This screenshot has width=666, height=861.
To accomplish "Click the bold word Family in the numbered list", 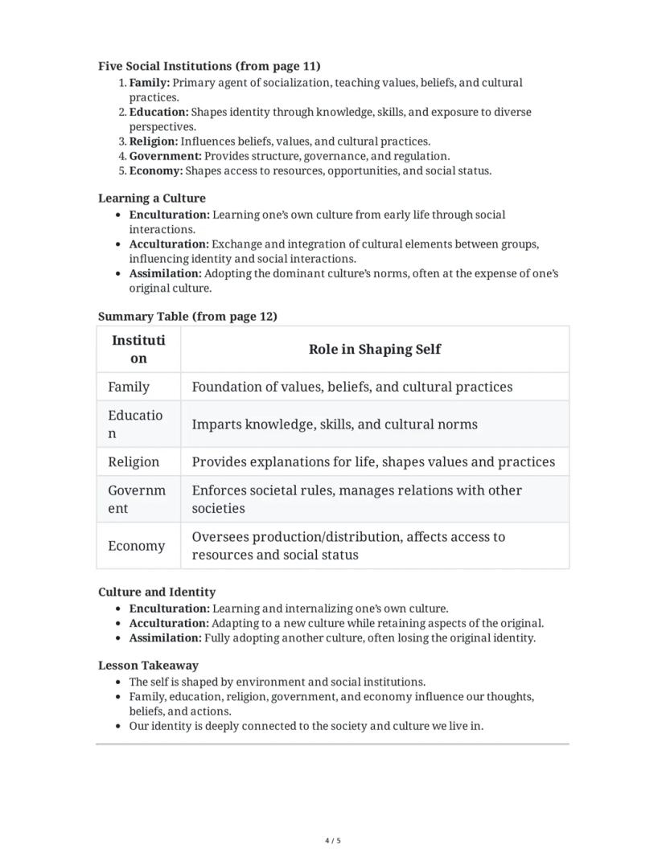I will pyautogui.click(x=149, y=83).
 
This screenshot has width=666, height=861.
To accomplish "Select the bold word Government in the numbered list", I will pyautogui.click(x=165, y=156).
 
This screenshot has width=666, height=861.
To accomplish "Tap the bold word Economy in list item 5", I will pyautogui.click(x=155, y=170).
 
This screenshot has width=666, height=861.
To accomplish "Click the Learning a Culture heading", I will pyautogui.click(x=152, y=198).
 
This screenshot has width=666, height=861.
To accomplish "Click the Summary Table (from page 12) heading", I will pyautogui.click(x=187, y=316).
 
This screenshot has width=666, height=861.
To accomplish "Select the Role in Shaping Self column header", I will pyautogui.click(x=374, y=349).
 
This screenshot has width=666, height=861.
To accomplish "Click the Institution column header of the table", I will pyautogui.click(x=138, y=349).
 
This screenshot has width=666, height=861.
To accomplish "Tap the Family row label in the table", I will pyautogui.click(x=129, y=387).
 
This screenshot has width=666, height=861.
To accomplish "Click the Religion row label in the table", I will pyautogui.click(x=134, y=461).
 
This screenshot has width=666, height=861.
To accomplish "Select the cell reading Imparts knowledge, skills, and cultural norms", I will pyautogui.click(x=334, y=424).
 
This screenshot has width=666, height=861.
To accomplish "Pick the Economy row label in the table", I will pyautogui.click(x=136, y=546).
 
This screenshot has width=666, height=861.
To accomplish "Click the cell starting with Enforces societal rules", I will pyautogui.click(x=356, y=498).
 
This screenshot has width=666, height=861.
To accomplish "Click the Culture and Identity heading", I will pyautogui.click(x=157, y=592).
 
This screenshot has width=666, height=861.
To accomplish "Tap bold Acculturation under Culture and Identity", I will pyautogui.click(x=169, y=623).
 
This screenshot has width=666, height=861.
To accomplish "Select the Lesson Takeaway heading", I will pyautogui.click(x=148, y=665).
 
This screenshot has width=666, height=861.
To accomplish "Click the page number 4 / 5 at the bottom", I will pyautogui.click(x=333, y=841).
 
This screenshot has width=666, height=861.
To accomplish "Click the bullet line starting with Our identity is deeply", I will pyautogui.click(x=306, y=725).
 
